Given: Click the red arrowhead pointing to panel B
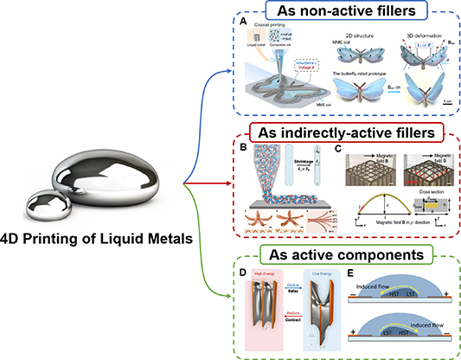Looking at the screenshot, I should point(229,182).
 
